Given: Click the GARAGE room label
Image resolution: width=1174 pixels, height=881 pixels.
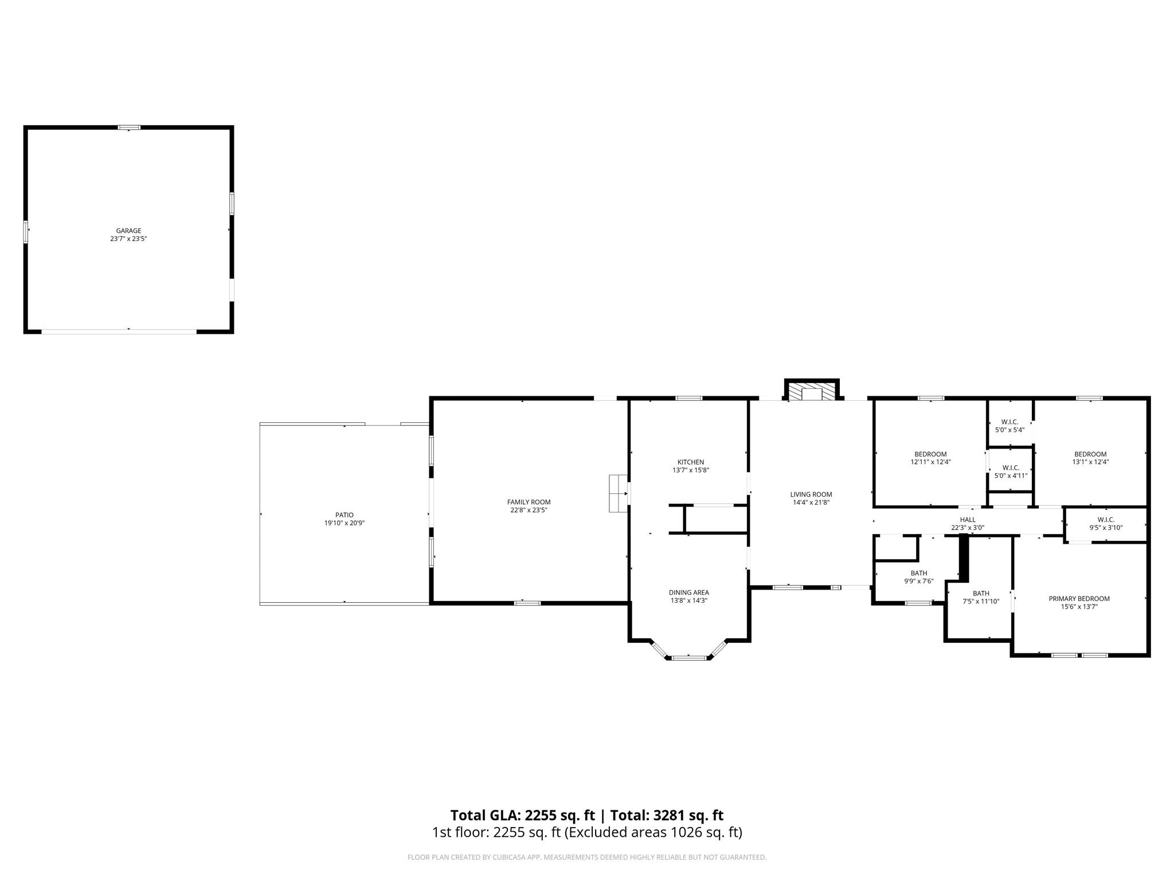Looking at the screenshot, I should [128, 231].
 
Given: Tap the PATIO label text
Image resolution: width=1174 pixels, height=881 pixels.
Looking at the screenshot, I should [345, 515].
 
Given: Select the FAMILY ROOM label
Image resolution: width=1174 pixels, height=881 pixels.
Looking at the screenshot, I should [529, 502].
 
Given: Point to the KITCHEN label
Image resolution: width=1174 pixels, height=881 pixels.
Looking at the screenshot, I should [691, 462].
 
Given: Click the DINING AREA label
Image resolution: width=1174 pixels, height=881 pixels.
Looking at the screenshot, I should [688, 592].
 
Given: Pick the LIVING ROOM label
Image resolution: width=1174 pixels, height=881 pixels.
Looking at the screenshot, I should [811, 494].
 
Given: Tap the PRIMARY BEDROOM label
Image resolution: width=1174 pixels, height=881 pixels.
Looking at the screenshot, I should [1079, 599].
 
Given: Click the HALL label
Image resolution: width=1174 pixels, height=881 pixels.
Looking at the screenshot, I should [968, 520].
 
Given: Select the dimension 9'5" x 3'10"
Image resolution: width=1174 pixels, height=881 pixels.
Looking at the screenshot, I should [1106, 528].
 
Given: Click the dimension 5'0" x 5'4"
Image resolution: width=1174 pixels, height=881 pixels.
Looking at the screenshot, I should [1009, 430].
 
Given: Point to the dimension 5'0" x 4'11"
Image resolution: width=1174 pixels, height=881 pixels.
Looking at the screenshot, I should [1011, 475].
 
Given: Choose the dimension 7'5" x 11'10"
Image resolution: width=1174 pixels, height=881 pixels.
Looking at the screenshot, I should [981, 602].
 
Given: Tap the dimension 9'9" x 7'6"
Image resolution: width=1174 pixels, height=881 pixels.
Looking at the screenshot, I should [919, 581].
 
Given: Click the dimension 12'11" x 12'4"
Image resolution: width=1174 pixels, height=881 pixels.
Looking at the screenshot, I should [930, 462].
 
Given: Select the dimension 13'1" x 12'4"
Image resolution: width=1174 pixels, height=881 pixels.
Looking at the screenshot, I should [1090, 462].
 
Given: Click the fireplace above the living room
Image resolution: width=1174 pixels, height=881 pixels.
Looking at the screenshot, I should [812, 392].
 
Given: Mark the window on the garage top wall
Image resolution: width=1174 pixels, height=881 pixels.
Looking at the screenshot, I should [129, 127].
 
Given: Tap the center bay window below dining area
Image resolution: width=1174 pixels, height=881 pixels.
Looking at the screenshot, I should [689, 657].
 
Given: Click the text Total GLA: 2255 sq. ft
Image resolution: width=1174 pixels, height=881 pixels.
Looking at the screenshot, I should [522, 815].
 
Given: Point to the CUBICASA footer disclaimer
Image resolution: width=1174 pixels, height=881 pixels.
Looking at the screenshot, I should [586, 857].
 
